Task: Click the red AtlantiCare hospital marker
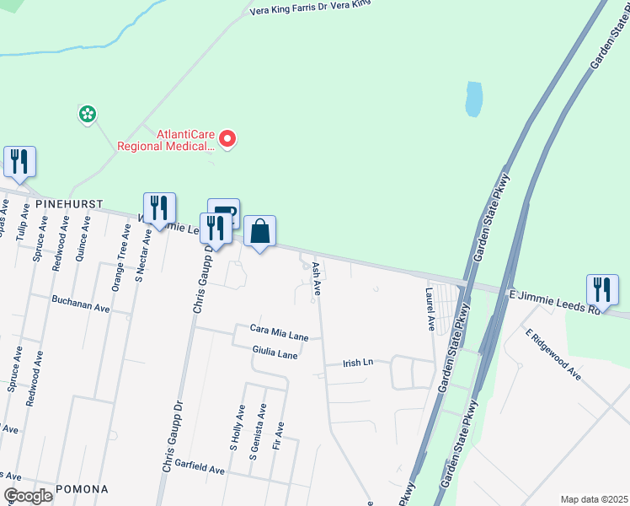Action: point(227,138)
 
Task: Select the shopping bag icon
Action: point(260,230)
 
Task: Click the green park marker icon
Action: point(86,113)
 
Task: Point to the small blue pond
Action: point(474,100)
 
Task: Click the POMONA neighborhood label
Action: point(82,489)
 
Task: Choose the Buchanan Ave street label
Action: point(81,299)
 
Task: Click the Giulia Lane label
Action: point(275,349)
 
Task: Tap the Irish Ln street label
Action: point(357,363)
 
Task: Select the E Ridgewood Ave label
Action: point(553,354)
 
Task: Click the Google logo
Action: point(28,496)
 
